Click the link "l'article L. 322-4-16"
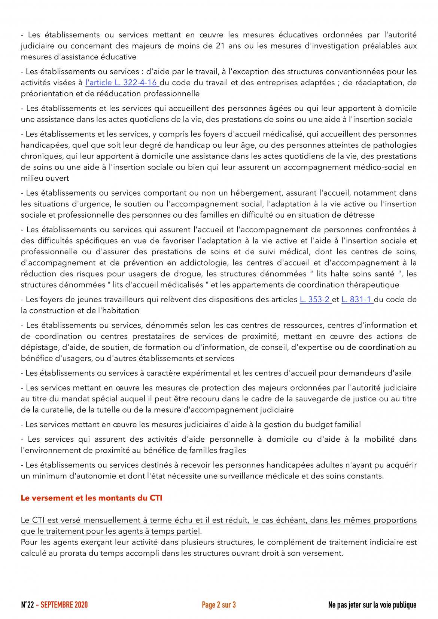pos(122,83)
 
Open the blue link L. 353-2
pos(315,300)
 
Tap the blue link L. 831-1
pos(357,300)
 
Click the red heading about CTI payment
pos(91,498)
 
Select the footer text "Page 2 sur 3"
pos(219,605)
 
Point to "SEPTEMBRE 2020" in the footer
pos(64,605)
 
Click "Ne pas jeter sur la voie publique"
pos(372,605)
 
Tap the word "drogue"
pos(190,274)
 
